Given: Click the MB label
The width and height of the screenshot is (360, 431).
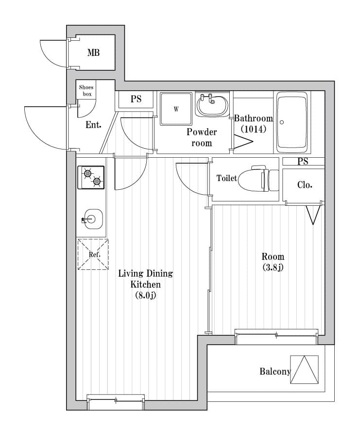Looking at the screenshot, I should (x=93, y=52).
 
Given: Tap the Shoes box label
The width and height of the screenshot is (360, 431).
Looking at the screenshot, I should (x=86, y=90).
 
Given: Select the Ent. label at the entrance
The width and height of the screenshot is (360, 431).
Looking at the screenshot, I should (x=93, y=125).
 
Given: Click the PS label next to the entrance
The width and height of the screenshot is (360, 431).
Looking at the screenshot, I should (x=136, y=99).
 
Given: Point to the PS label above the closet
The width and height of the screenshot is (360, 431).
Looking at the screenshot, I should (x=303, y=162).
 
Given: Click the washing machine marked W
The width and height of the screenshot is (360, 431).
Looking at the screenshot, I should (x=176, y=109).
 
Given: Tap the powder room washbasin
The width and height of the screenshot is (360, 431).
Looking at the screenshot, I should (x=212, y=105).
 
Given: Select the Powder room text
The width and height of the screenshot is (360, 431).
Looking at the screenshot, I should (x=202, y=137).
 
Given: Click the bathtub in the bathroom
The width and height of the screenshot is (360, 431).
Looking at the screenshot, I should (x=292, y=122).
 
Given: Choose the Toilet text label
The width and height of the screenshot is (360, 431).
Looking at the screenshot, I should (x=227, y=179).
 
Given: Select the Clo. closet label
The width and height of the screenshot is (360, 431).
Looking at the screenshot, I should (x=304, y=185).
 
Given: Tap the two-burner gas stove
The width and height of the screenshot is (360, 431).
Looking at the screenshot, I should (x=91, y=177).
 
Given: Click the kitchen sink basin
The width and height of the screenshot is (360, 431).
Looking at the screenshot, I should (x=91, y=219).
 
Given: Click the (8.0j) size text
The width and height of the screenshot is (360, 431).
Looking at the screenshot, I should (x=145, y=295).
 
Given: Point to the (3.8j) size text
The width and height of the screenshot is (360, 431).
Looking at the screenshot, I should (x=273, y=266).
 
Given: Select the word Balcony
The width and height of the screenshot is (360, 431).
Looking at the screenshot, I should (x=274, y=372).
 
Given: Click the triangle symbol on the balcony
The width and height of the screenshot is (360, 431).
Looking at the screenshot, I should (x=304, y=370).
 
